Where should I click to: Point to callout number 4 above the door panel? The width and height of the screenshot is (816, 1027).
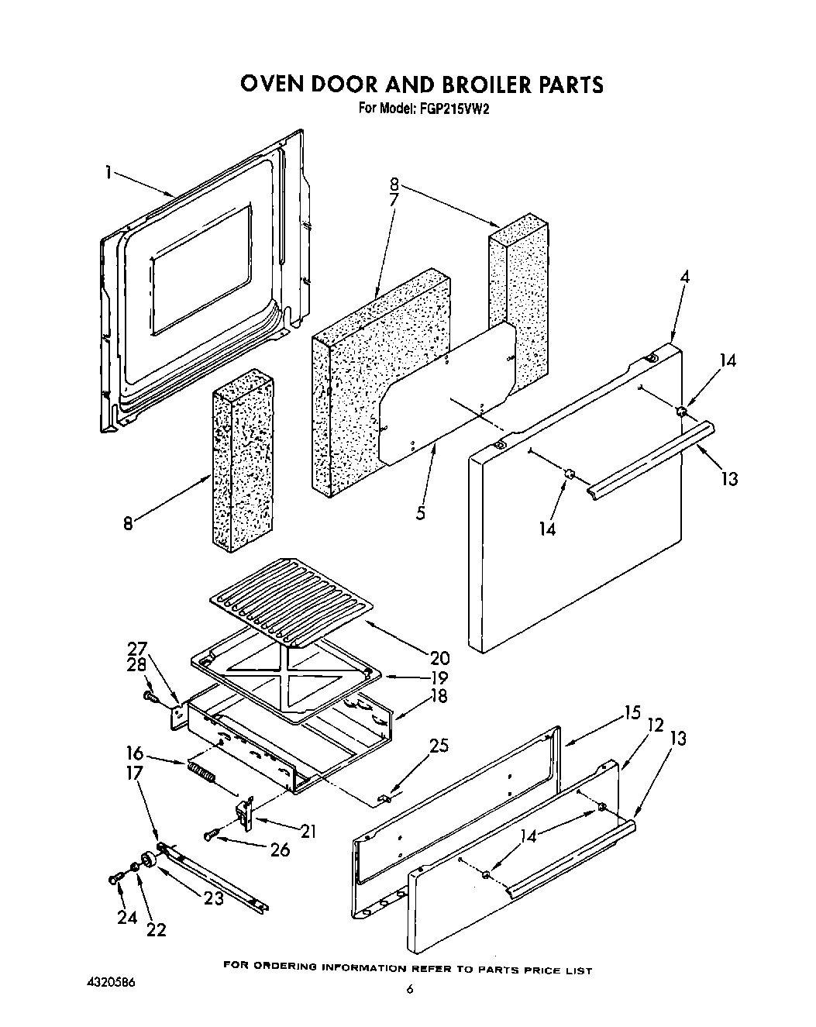[x=683, y=277]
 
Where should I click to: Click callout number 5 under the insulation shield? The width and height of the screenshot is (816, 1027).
[x=420, y=512]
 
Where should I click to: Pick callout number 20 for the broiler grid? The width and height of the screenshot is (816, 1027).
[x=439, y=658]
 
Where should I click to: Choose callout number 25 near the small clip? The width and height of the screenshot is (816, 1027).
[x=439, y=746]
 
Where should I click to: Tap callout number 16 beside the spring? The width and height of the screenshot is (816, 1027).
[x=135, y=753]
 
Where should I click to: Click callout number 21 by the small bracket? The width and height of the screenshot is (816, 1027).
[x=308, y=832]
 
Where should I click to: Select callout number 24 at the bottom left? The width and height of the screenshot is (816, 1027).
[x=127, y=917]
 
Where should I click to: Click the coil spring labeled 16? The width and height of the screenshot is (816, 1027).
[x=200, y=774]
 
